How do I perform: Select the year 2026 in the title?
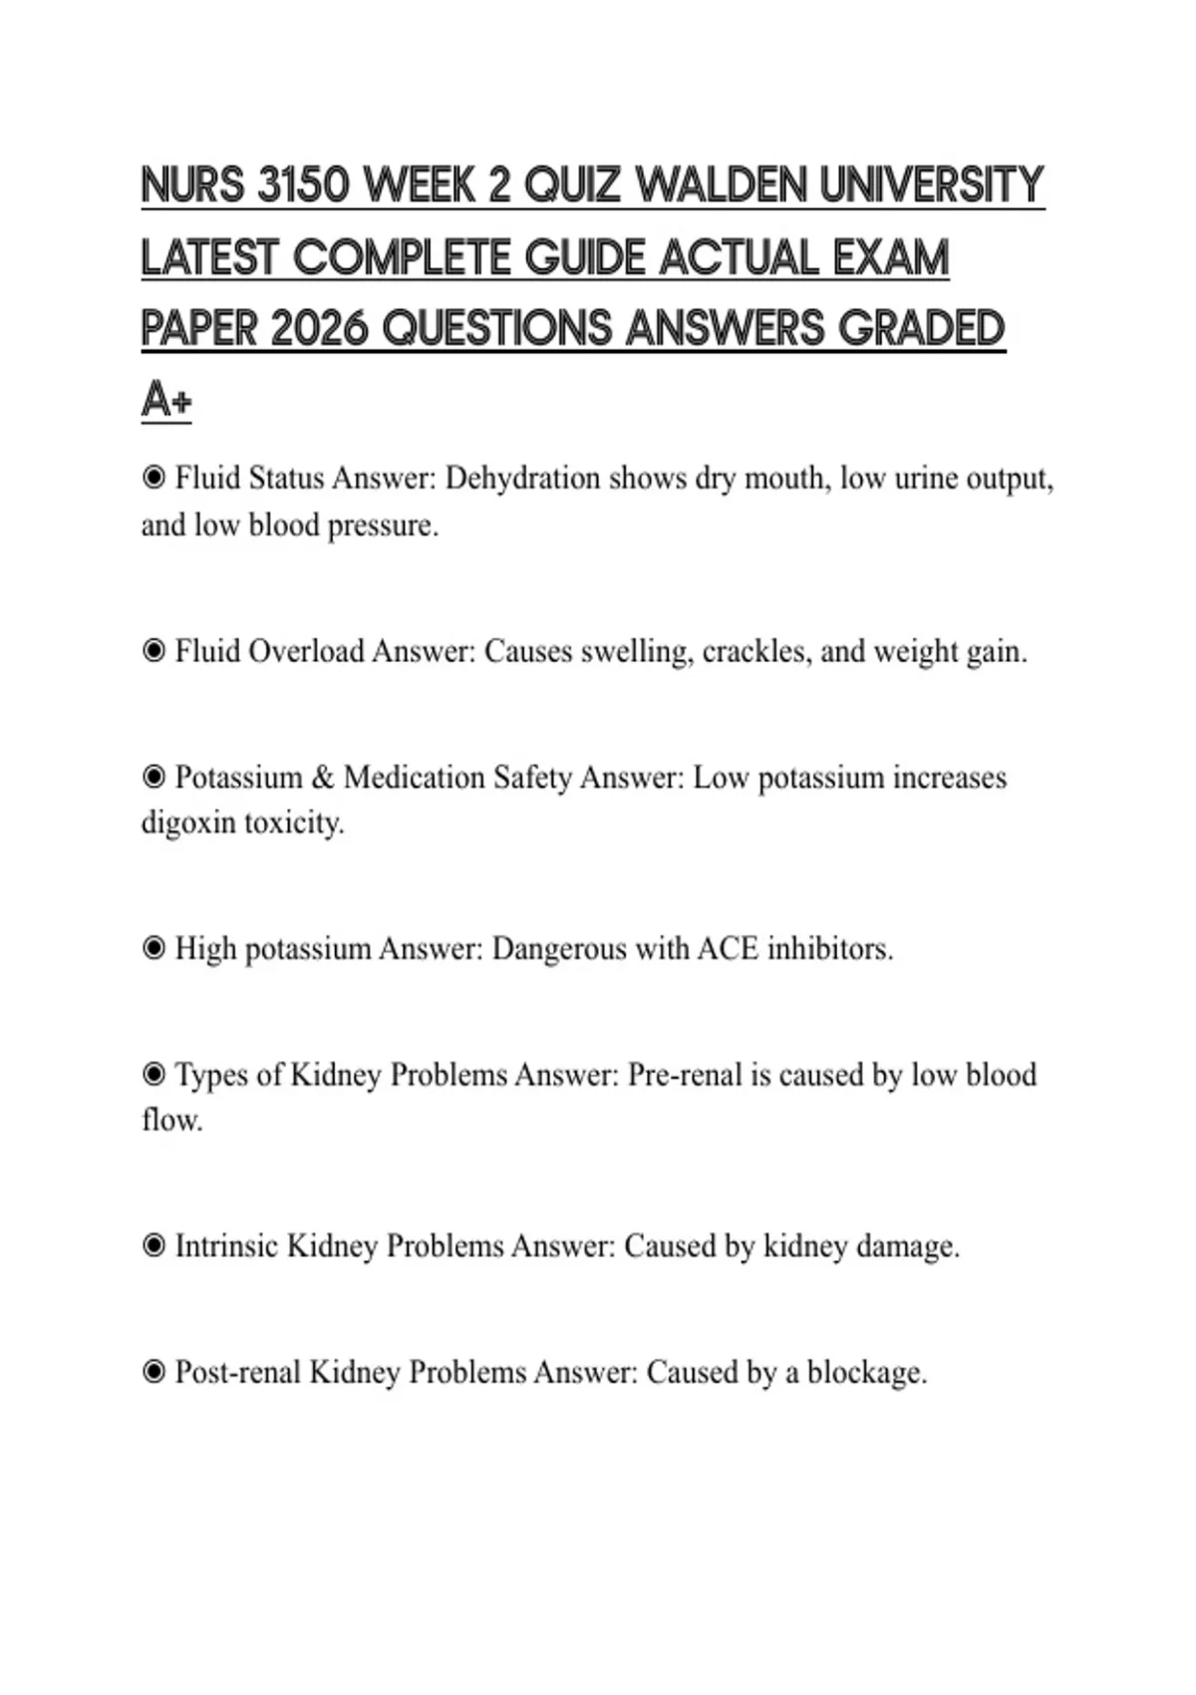click(319, 329)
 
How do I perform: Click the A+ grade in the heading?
click(165, 401)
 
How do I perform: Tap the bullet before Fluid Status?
click(153, 479)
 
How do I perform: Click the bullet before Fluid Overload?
click(153, 652)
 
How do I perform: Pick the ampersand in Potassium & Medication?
click(322, 778)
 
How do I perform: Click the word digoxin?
click(187, 824)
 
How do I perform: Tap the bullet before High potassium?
click(153, 948)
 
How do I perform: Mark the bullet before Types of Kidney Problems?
click(153, 1075)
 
